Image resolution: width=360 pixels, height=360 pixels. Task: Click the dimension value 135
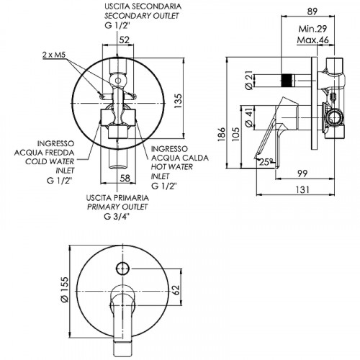click(x=178, y=101)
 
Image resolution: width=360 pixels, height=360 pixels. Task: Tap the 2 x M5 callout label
click(x=54, y=55)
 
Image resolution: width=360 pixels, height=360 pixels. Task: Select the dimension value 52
click(x=125, y=40)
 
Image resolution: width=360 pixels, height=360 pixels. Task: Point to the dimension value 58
click(x=125, y=178)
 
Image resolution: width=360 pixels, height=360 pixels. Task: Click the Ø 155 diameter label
click(x=65, y=289)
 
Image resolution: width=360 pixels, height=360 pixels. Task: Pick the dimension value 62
click(x=176, y=290)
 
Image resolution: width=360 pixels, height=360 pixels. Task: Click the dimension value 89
click(x=312, y=12)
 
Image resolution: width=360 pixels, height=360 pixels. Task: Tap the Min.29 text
click(x=312, y=29)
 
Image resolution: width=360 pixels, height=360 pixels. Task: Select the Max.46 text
click(x=312, y=40)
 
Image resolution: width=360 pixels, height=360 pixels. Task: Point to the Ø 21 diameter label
click(x=250, y=80)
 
